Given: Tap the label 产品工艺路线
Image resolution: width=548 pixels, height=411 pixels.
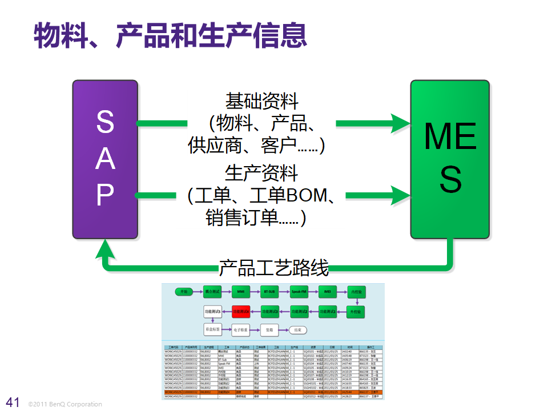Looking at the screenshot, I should [x=273, y=267].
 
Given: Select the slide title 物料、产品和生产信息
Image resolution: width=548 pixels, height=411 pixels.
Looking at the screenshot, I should [x=170, y=35].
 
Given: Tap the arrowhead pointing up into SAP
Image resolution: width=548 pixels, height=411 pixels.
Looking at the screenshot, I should [x=105, y=248].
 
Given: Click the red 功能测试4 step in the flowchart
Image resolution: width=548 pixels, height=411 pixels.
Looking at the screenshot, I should [x=241, y=312].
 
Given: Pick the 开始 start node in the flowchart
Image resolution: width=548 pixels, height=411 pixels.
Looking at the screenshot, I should [x=183, y=292].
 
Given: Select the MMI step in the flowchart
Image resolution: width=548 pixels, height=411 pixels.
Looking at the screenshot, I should [x=241, y=292].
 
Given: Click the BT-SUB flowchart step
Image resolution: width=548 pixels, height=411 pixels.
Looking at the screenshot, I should [x=269, y=292].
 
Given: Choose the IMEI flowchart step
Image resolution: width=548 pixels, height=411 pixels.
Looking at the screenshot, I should [x=328, y=292].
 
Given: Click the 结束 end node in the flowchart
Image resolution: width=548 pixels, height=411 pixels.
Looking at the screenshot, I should [x=297, y=330].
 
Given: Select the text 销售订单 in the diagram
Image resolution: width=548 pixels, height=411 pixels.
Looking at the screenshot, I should [x=241, y=218].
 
